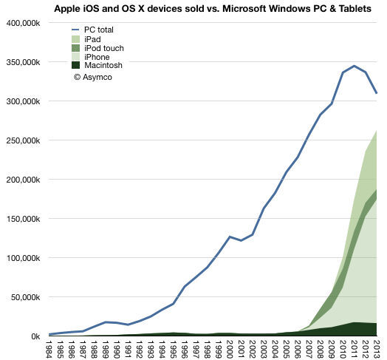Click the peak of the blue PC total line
point(355,66)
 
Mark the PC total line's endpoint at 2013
point(377,93)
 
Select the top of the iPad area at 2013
point(377,130)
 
